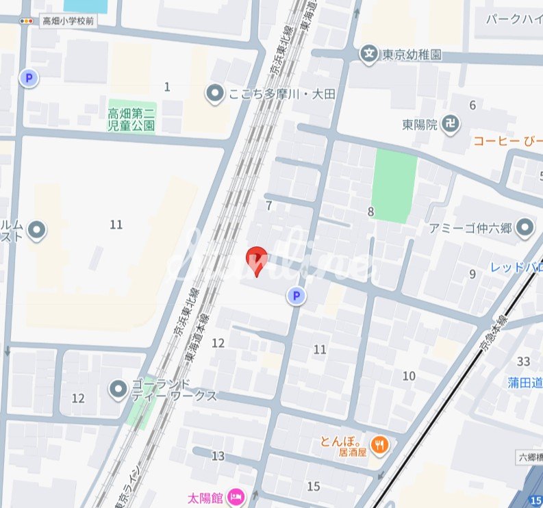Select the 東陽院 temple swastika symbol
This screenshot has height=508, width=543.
coord(451,125)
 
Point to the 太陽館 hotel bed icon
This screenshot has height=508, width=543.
coord(236,496)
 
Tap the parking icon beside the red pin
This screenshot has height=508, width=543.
coord(296,296)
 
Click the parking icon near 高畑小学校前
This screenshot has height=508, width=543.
coord(29,78)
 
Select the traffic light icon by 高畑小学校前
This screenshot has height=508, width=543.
coord(27,21)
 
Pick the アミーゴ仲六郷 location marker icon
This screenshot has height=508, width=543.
coord(525,227)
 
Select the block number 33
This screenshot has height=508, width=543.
coord(525,361)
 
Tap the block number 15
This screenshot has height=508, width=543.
coord(314,486)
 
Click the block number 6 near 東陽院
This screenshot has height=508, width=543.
coord(472,105)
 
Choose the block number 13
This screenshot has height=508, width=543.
coord(218,456)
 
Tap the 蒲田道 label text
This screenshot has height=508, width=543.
coord(525,381)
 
